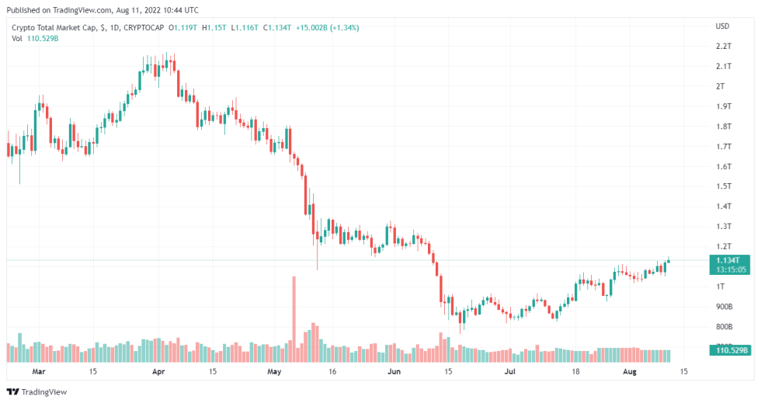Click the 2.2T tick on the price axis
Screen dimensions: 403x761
(x=723, y=47)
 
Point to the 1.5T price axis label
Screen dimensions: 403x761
(x=723, y=186)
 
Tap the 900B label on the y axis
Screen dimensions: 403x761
(x=723, y=307)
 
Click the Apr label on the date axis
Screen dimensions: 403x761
(x=158, y=372)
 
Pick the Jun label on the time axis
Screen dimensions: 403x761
(x=394, y=372)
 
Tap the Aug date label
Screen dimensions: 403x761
(x=629, y=372)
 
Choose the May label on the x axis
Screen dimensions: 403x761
(x=273, y=372)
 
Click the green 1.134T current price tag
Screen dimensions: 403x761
(x=731, y=261)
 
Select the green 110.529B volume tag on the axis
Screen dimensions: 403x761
(x=731, y=351)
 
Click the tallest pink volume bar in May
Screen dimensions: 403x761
(x=294, y=319)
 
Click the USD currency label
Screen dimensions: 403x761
(x=722, y=26)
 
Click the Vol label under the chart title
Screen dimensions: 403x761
(x=16, y=39)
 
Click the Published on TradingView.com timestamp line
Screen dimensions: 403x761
(x=101, y=10)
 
